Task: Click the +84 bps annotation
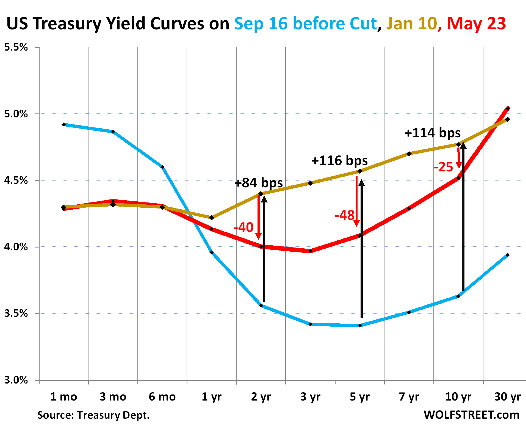pyautogui.click(x=259, y=183)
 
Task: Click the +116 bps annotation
pyautogui.click(x=339, y=161)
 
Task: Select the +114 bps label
pyautogui.click(x=433, y=133)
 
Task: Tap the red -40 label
pyautogui.click(x=243, y=227)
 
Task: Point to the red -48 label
pyautogui.click(x=345, y=215)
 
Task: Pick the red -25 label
pyautogui.click(x=443, y=167)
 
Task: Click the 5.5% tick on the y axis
pyautogui.click(x=16, y=47)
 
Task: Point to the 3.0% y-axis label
pyautogui.click(x=16, y=380)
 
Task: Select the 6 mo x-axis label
pyautogui.click(x=162, y=397)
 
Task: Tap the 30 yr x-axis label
pyautogui.click(x=507, y=397)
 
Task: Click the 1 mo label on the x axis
pyautogui.click(x=63, y=397)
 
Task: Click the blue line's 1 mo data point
pyautogui.click(x=64, y=125)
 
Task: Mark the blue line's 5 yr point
pyautogui.click(x=360, y=326)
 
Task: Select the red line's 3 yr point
pyautogui.click(x=311, y=251)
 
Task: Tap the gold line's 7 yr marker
pyautogui.click(x=409, y=154)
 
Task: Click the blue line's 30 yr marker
pyautogui.click(x=508, y=255)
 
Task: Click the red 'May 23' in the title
pyautogui.click(x=476, y=24)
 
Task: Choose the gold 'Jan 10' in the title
pyautogui.click(x=411, y=24)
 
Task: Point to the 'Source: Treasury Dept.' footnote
pyautogui.click(x=93, y=415)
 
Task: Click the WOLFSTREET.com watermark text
pyautogui.click(x=471, y=415)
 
